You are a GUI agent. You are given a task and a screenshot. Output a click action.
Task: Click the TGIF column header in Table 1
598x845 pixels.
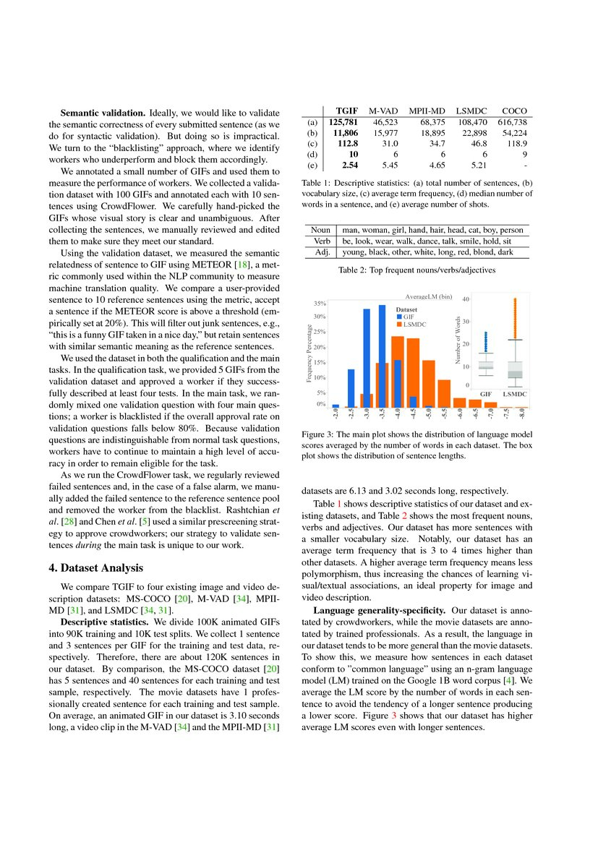pos(346,111)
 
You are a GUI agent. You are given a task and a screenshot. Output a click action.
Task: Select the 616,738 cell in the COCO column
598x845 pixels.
pos(514,122)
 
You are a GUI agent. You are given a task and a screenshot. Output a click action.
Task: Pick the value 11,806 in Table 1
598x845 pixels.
pos(345,133)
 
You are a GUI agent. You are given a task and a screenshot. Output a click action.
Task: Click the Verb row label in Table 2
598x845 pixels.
pos(320,241)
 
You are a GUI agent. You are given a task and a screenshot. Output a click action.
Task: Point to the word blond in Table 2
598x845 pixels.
pos(484,252)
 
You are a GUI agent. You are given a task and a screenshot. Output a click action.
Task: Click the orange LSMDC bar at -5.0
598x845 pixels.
pos(428,384)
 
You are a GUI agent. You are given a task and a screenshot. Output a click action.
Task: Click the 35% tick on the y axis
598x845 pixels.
pos(320,303)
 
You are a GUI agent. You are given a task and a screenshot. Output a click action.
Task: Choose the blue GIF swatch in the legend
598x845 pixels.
pos(398,317)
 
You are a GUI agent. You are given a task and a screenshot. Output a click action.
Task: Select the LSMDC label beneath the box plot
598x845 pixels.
pos(515,394)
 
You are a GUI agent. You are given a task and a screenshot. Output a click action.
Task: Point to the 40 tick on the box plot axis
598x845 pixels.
pos(466,299)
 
